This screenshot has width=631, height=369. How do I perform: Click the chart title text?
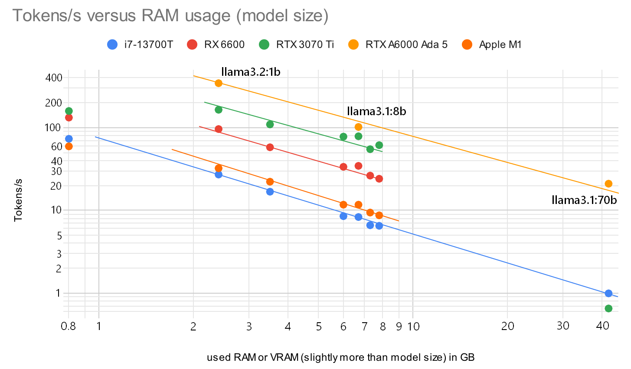coord(170,16)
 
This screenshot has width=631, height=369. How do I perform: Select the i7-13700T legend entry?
coord(140,44)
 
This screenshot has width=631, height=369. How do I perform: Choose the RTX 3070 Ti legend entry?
coord(297,44)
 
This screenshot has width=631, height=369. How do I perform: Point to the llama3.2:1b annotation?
coord(251,71)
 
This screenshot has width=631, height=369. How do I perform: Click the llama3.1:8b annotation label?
coord(376,111)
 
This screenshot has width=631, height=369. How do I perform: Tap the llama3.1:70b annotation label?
coord(584,200)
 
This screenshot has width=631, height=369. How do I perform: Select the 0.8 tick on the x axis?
coord(69,326)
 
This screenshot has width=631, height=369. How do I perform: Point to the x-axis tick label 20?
coord(508,326)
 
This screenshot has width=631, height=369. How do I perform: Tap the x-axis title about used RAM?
coord(340,357)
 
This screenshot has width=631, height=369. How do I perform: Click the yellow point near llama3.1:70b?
coord(608,184)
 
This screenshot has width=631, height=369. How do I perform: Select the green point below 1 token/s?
coord(608,308)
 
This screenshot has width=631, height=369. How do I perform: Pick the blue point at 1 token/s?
coord(608,293)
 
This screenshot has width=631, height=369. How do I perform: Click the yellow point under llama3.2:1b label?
coord(219,83)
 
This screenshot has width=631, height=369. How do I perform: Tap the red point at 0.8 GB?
coord(69,117)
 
